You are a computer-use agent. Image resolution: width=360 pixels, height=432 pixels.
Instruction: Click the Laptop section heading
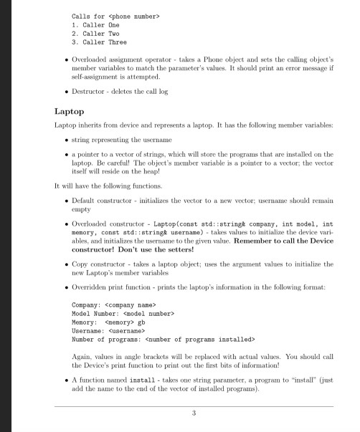[x=69, y=112]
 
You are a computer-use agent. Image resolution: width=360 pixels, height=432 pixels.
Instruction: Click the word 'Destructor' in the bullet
[x=91, y=91]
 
